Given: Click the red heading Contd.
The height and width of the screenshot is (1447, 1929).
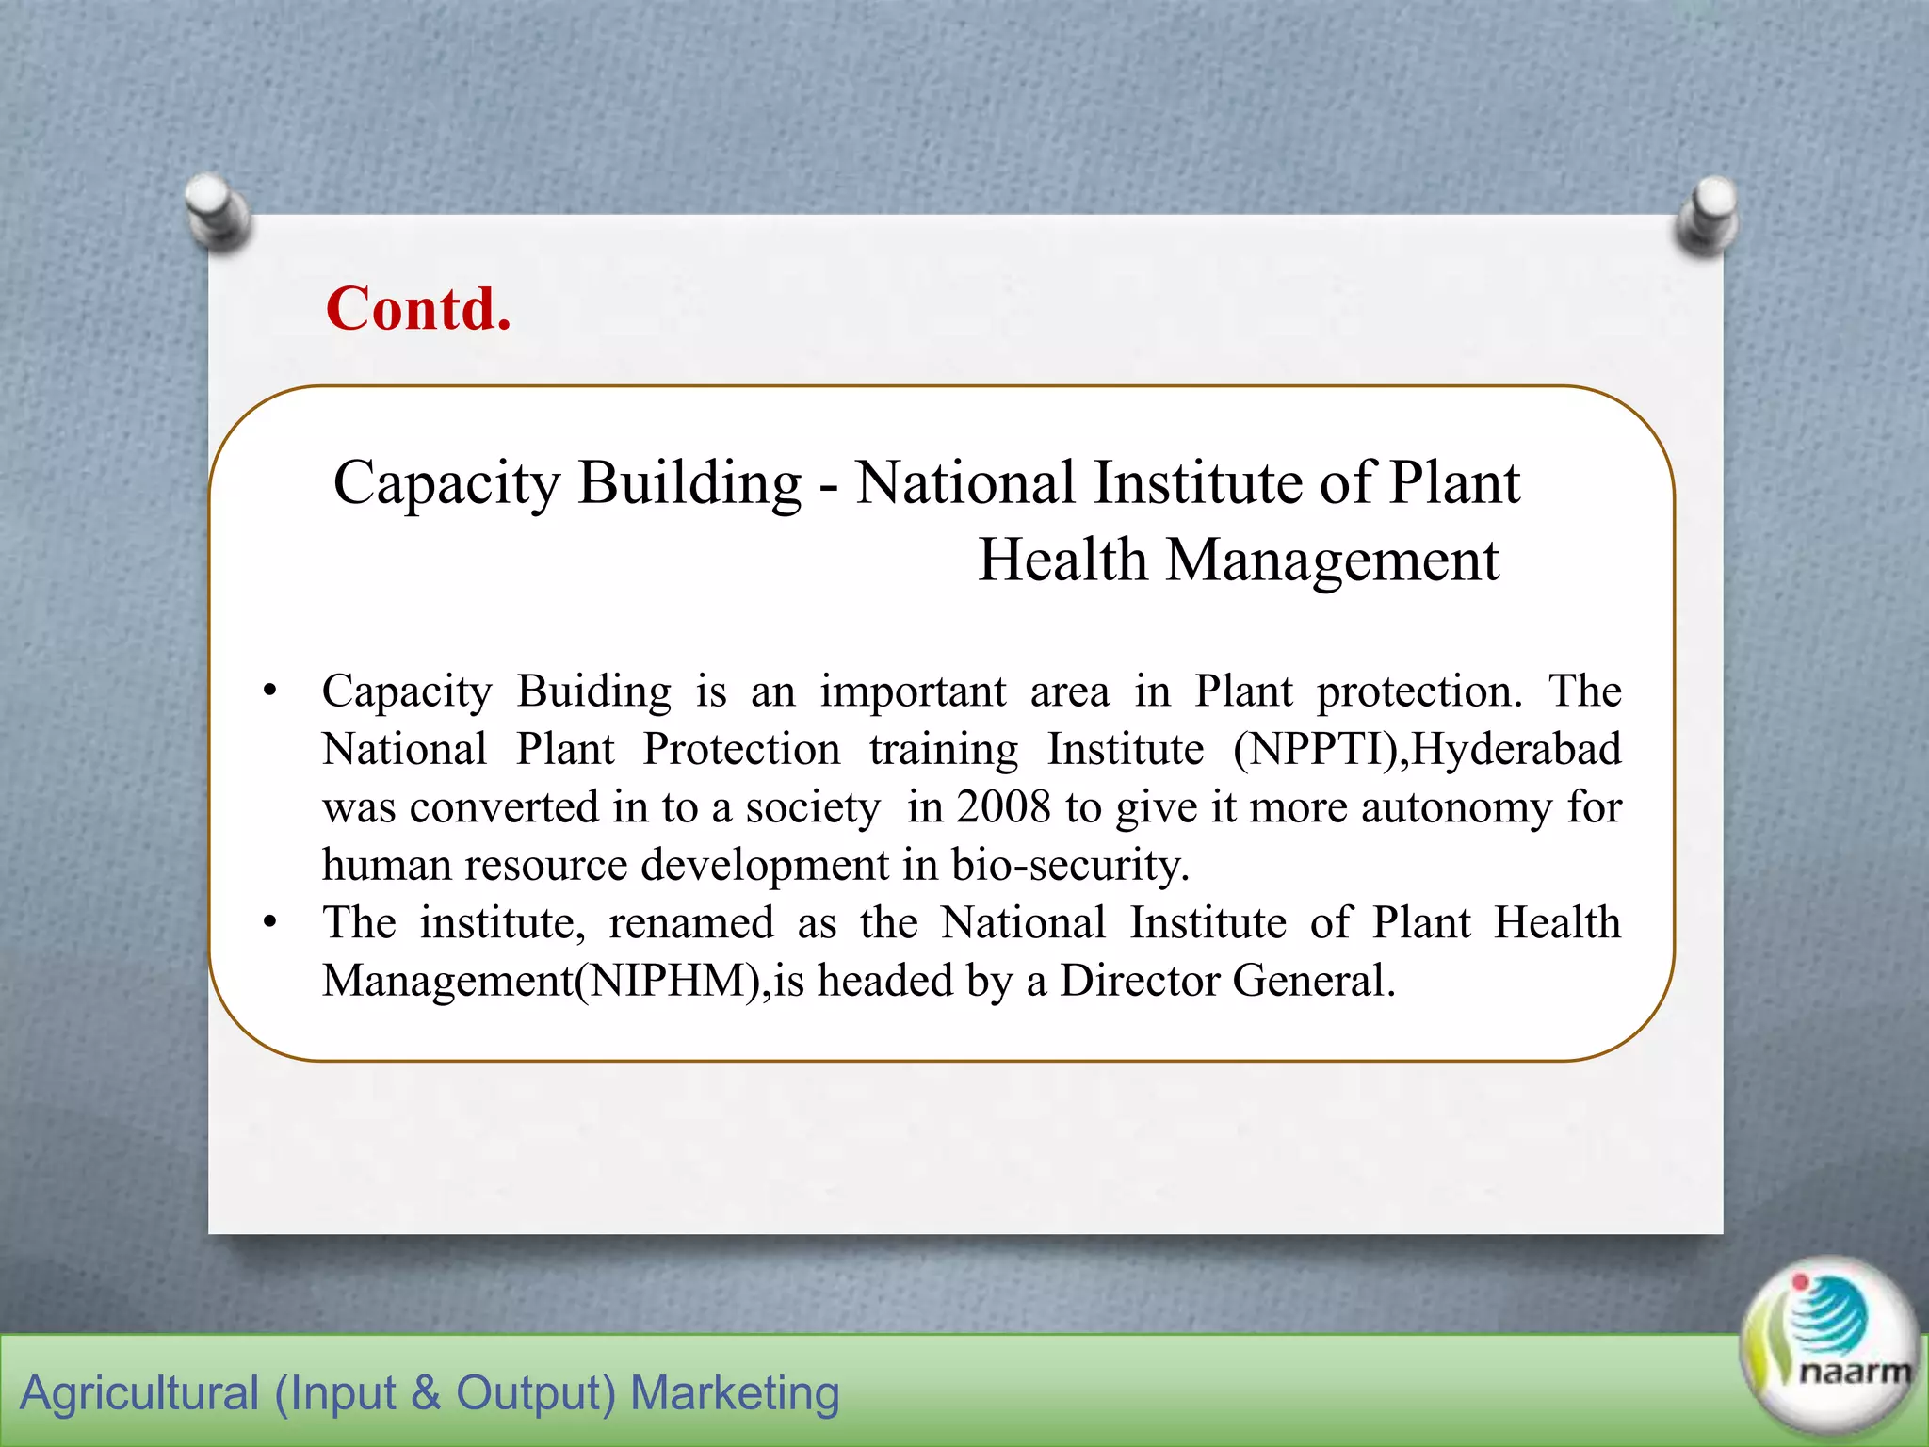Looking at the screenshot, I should pos(418,309).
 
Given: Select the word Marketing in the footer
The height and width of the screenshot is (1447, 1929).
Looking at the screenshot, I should pos(734,1392).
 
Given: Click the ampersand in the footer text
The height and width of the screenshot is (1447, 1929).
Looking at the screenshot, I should pos(426,1392).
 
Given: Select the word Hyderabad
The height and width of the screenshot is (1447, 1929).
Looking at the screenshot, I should pos(1516,750).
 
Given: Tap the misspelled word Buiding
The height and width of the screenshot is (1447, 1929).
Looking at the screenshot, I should pos(593,691).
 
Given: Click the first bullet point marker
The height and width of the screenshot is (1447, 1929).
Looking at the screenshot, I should pos(270,692).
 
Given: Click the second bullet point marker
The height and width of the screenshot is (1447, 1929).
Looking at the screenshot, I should pos(270,922).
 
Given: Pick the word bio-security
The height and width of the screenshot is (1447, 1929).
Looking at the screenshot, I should pos(1069,865).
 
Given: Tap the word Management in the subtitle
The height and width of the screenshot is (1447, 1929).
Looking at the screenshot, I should pos(1332,560).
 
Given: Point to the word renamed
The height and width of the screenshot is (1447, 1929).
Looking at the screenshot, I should pos(691,923).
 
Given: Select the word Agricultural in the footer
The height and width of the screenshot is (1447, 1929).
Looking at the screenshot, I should pos(139,1392).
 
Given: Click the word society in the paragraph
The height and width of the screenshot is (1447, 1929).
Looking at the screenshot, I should pos(812,808).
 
